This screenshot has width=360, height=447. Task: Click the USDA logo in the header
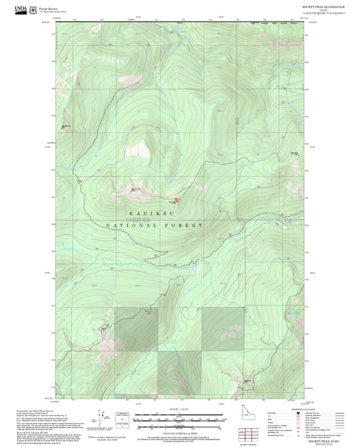coord(23,9)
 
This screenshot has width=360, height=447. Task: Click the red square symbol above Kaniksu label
coord(177,200)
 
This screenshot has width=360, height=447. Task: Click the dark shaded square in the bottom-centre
coord(180,374)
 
